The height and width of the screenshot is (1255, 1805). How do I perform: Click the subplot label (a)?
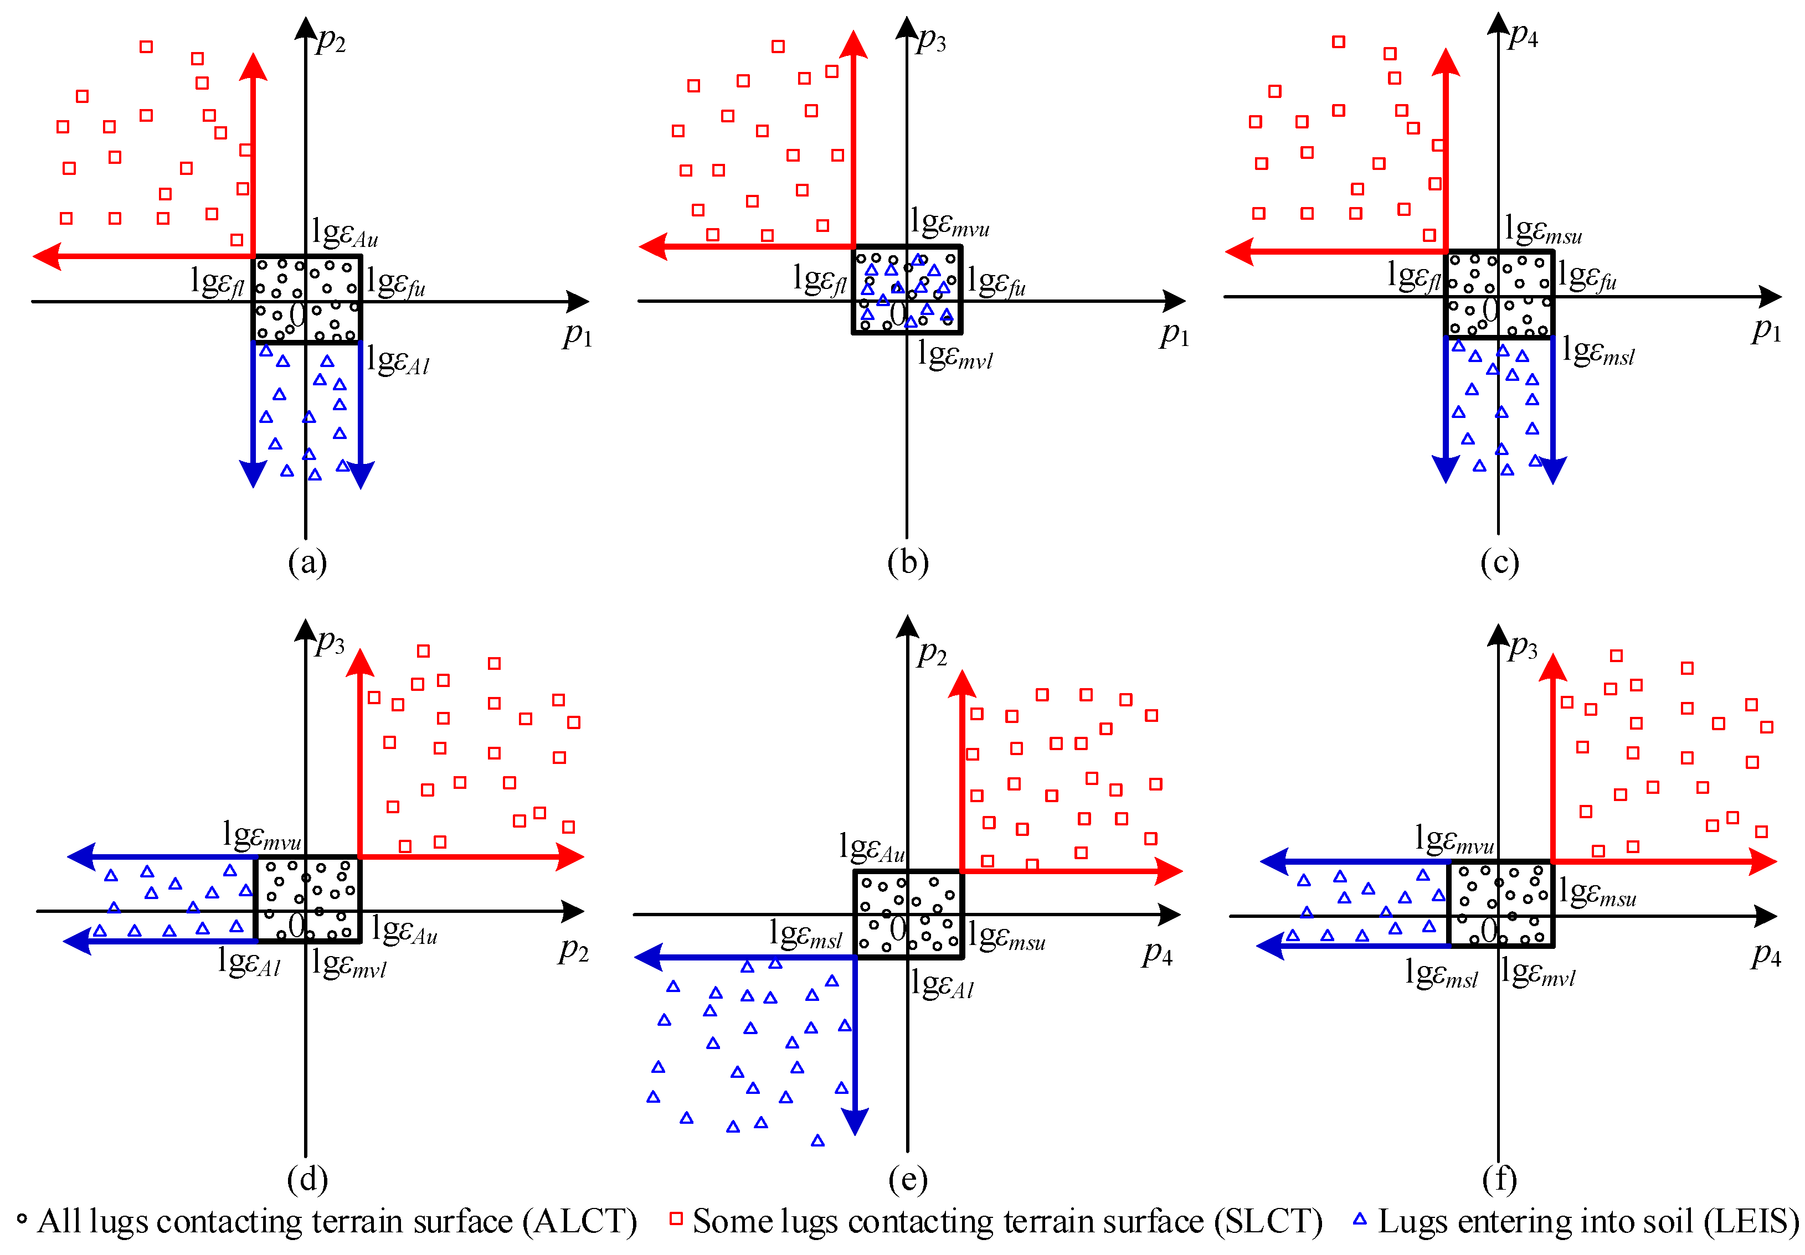[x=307, y=562]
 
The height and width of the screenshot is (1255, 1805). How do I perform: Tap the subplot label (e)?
[x=907, y=1179]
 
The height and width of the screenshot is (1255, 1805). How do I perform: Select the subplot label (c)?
[x=1499, y=562]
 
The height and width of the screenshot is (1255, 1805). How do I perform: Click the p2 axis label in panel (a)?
[x=331, y=41]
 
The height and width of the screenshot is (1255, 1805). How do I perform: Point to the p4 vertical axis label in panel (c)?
[x=1523, y=35]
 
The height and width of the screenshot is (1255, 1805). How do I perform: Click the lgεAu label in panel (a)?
[x=344, y=233]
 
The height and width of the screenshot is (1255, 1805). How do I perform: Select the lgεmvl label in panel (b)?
[x=954, y=355]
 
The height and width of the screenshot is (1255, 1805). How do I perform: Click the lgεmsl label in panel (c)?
[x=1597, y=350]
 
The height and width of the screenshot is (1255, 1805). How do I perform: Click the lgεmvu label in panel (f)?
[x=1454, y=839]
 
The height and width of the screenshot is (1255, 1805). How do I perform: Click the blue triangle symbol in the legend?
[x=1359, y=1220]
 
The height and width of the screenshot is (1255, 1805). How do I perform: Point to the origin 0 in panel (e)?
[x=898, y=929]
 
